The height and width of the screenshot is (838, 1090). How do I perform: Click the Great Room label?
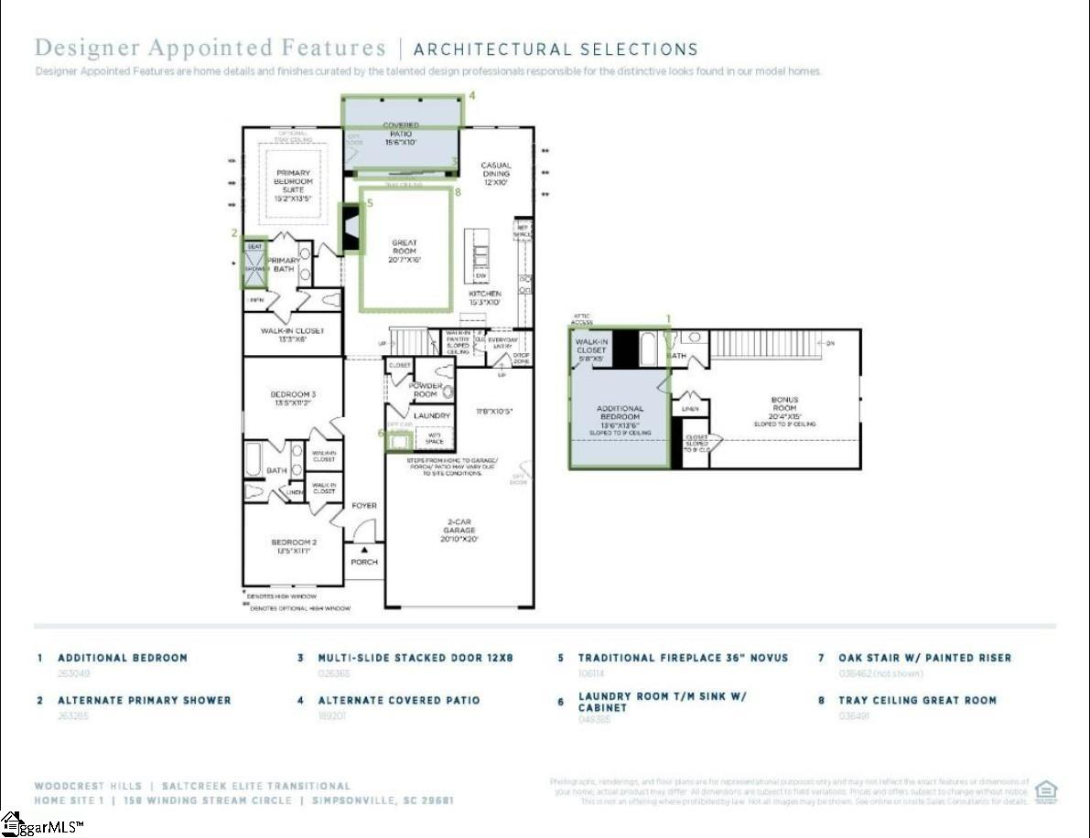pos(405,251)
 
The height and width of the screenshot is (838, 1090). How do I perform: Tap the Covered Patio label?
pos(401,134)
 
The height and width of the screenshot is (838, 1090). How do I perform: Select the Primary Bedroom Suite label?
pos(293,184)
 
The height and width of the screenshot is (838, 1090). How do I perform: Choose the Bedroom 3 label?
pos(293,398)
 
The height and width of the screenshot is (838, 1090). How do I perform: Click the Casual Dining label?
pos(496,174)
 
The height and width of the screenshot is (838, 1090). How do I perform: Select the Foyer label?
pos(364,506)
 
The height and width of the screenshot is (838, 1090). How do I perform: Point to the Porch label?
pos(364,562)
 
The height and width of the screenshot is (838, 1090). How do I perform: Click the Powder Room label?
pos(426,390)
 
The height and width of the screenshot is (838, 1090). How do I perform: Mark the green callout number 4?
pos(472,95)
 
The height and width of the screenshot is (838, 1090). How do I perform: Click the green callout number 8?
pos(458,192)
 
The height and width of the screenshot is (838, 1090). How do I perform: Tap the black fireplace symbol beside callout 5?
pos(350,228)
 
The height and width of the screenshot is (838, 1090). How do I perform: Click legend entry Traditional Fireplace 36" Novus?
pos(683,658)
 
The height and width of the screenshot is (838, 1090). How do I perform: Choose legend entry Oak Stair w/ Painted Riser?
pos(924,658)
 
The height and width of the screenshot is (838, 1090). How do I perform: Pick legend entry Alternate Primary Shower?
pos(144,701)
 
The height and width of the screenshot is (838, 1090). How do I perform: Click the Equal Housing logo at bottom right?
pos(1045,790)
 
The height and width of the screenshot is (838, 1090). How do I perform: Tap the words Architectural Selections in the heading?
pos(556,49)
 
